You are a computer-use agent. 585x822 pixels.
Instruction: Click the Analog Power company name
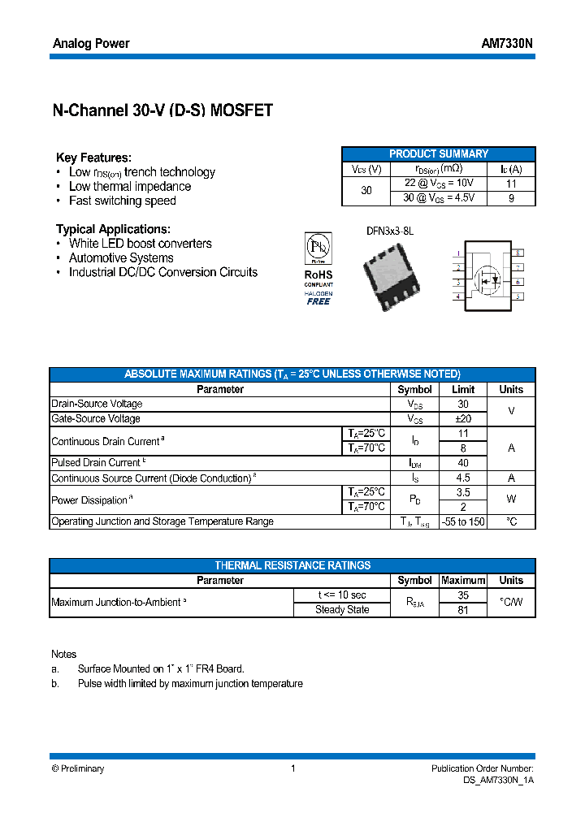(91, 43)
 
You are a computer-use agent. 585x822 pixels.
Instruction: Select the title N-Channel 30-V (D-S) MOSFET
(162, 111)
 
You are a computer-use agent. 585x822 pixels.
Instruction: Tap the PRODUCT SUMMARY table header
(439, 154)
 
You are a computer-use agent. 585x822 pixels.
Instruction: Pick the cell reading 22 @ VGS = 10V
(439, 184)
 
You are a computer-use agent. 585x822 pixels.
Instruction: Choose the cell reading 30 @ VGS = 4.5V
(439, 197)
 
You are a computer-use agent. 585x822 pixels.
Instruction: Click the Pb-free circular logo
(318, 248)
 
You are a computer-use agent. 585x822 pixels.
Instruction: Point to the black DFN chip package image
(391, 275)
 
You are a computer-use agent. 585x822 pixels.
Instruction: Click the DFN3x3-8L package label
(390, 231)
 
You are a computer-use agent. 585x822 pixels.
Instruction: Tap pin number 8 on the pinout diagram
(518, 253)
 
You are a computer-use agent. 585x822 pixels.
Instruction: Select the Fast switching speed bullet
(122, 201)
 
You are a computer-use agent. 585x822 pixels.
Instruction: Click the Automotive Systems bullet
(121, 257)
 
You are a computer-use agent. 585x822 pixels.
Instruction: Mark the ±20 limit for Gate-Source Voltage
(463, 418)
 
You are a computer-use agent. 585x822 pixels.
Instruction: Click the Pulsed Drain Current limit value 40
(463, 462)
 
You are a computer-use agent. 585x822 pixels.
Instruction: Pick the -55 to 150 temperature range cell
(463, 521)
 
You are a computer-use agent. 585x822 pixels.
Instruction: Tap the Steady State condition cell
(342, 610)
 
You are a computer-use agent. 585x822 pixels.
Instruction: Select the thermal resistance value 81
(463, 610)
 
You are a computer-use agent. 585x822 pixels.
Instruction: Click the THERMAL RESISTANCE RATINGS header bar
(292, 565)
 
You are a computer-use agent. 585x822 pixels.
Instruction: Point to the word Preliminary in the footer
(82, 768)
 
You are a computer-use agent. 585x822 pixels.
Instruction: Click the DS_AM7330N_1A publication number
(498, 780)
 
